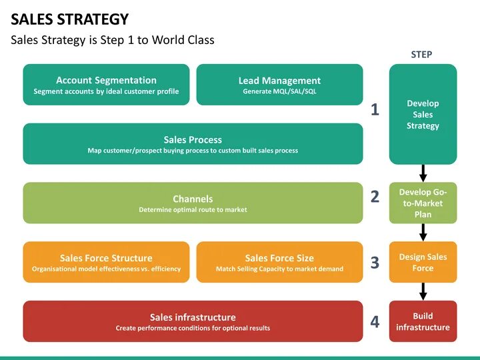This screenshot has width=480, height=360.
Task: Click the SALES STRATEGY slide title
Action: pyautogui.click(x=69, y=19)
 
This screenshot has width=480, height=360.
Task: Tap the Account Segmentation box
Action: pyautogui.click(x=106, y=85)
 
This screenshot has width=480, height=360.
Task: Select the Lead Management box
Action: pyautogui.click(x=279, y=85)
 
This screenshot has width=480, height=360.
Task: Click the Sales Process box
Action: pyautogui.click(x=193, y=144)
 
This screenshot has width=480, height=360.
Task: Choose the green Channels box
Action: pyautogui.click(x=193, y=203)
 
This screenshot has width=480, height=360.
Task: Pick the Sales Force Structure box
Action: pyautogui.click(x=106, y=262)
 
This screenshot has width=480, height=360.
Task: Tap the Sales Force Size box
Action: pyautogui.click(x=279, y=262)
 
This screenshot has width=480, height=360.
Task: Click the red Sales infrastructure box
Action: pyautogui.click(x=193, y=321)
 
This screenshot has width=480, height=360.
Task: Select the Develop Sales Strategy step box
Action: pyautogui.click(x=423, y=114)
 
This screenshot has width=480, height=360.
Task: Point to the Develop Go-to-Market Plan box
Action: pyautogui.click(x=423, y=203)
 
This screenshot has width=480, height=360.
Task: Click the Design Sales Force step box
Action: pyautogui.click(x=423, y=262)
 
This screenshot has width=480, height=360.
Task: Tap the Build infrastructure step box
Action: pyautogui.click(x=423, y=321)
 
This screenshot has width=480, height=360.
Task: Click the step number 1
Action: pyautogui.click(x=375, y=110)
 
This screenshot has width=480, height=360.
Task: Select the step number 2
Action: pyautogui.click(x=375, y=197)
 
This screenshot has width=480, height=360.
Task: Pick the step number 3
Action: pyautogui.click(x=375, y=263)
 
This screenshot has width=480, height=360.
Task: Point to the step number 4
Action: pyautogui.click(x=375, y=322)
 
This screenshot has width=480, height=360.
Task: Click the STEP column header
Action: pyautogui.click(x=421, y=55)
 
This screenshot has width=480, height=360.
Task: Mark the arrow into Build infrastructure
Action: pyautogui.click(x=423, y=291)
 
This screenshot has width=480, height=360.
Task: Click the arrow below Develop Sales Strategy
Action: pyautogui.click(x=423, y=173)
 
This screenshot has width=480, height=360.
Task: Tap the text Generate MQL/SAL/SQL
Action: pyautogui.click(x=279, y=92)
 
